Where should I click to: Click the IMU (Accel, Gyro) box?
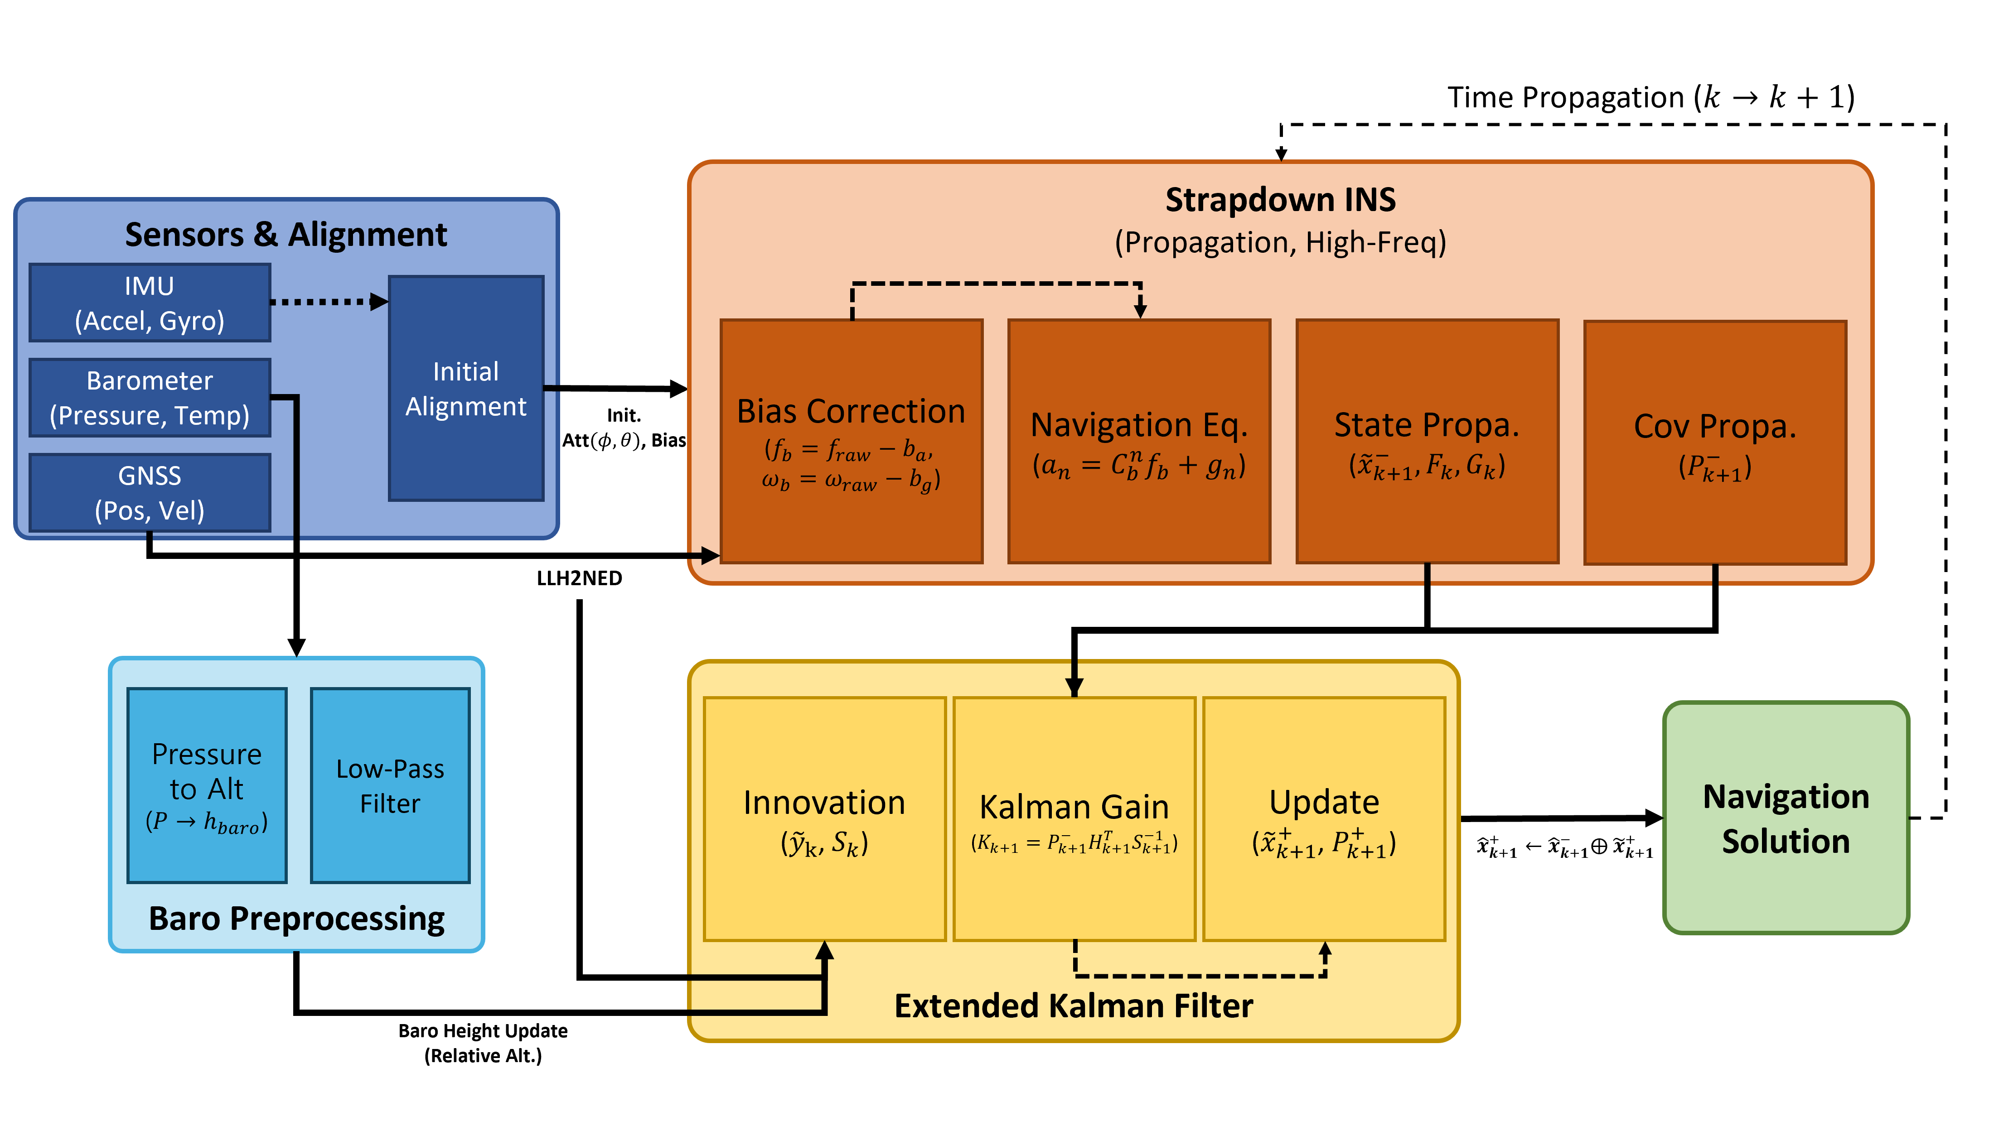point(150,303)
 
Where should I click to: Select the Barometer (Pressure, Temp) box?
point(150,398)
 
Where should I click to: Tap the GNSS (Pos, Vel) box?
point(150,493)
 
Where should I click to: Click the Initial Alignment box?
point(466,388)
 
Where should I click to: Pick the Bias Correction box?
point(852,441)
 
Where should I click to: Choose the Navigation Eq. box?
point(1139,441)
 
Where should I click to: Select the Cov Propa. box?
point(1715,443)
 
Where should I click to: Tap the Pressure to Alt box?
point(207,785)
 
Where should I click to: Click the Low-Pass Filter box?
point(390,785)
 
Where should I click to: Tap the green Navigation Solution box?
point(1786,818)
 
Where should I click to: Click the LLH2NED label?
point(579,578)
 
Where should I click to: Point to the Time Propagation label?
point(1651,97)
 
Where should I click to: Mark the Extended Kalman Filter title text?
point(1074,1006)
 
